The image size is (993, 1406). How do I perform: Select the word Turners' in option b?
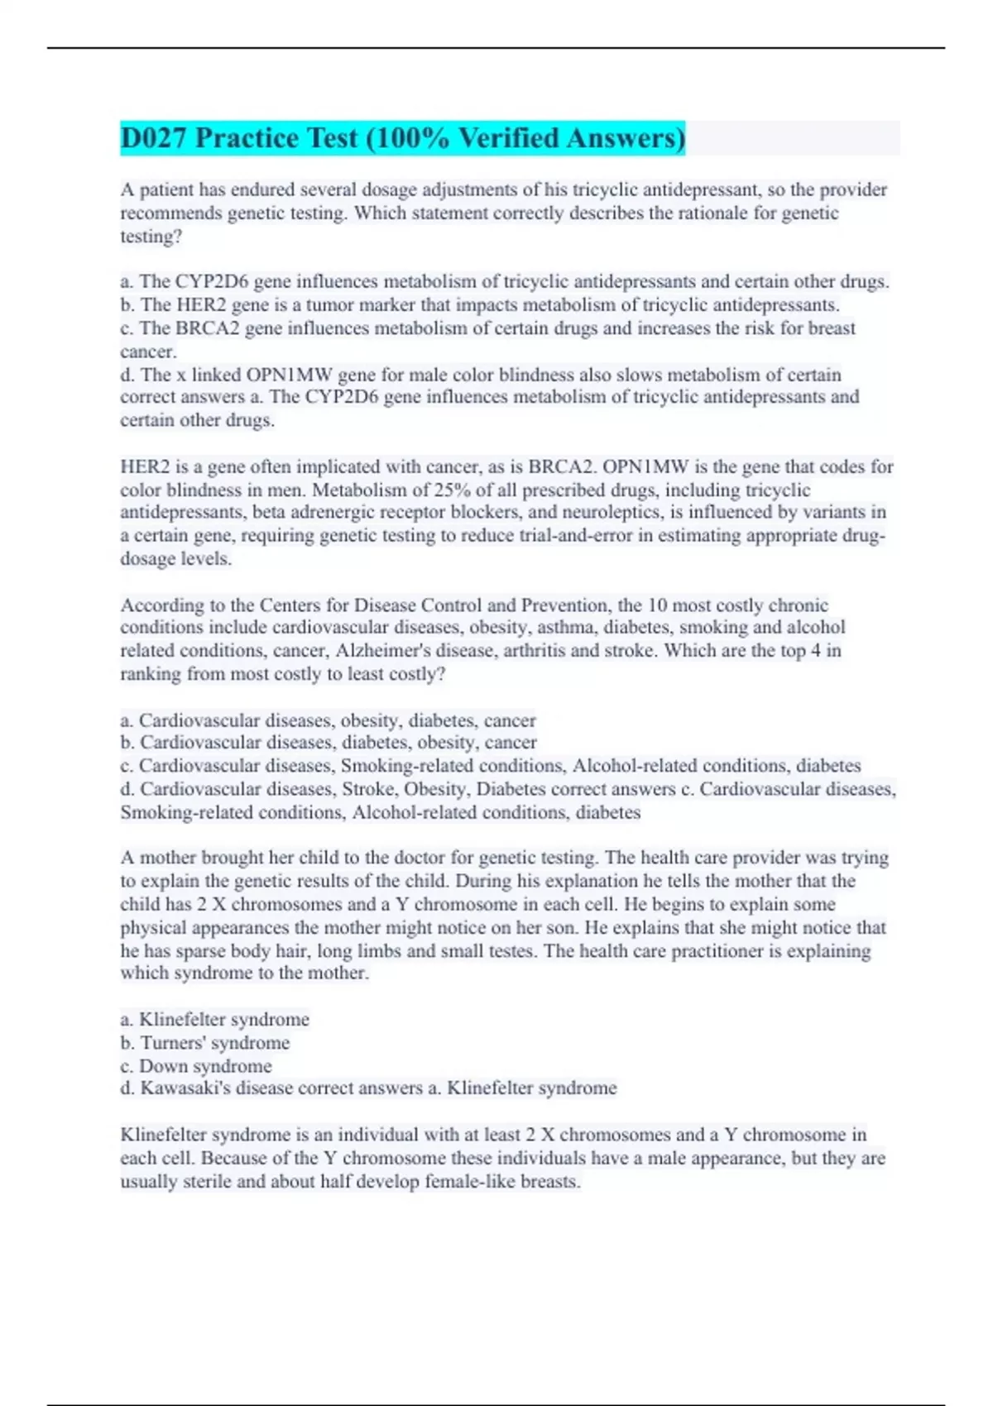pyautogui.click(x=173, y=1043)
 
